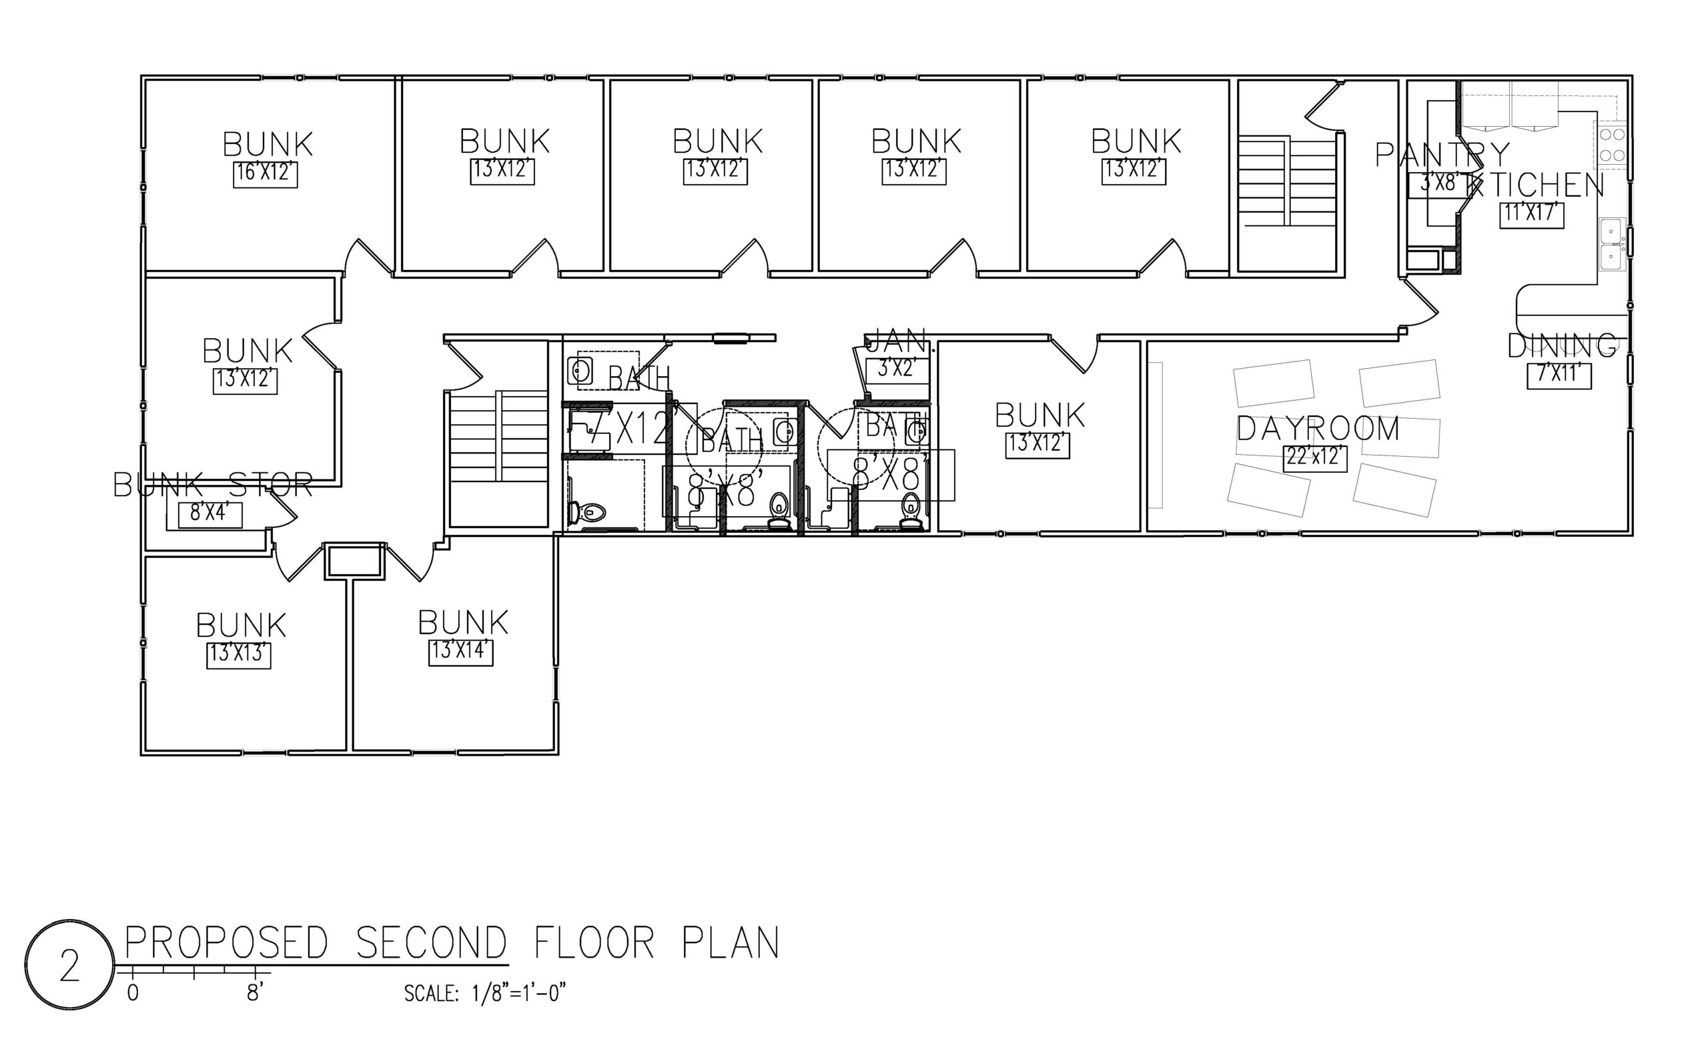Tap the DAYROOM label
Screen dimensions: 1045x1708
1318,429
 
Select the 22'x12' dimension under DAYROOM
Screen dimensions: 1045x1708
1314,458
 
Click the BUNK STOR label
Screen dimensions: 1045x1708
213,485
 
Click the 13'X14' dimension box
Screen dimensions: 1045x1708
460,652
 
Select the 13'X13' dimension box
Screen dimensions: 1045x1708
238,655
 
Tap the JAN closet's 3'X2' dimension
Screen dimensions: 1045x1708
897,369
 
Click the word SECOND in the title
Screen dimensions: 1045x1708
431,944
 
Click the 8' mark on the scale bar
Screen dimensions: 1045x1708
255,993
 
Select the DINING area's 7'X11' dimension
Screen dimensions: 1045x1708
1559,375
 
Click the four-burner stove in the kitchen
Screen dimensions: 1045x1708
1612,145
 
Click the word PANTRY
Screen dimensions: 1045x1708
1442,155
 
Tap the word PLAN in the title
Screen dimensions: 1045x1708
731,944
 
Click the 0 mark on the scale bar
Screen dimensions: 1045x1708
132,993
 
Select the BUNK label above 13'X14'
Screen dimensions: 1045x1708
463,623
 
